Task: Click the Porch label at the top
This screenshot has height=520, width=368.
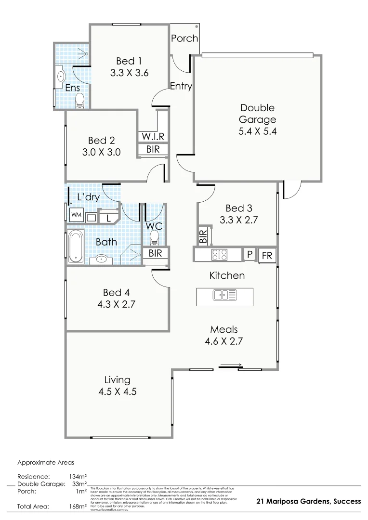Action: click(x=184, y=38)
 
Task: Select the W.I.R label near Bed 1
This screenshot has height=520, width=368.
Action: click(x=153, y=136)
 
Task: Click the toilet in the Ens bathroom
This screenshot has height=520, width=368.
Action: click(x=80, y=100)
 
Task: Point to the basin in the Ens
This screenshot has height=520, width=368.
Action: click(x=61, y=76)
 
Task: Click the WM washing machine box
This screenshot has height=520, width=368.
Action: click(x=76, y=214)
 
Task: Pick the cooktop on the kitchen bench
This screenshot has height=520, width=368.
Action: click(x=220, y=254)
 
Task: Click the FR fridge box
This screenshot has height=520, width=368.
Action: click(x=266, y=256)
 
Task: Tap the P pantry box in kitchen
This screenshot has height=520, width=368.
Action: click(x=250, y=255)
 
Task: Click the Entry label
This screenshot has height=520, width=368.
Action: click(x=181, y=87)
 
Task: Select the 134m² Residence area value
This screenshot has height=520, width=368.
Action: click(x=77, y=476)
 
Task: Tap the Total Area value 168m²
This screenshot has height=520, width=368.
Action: click(x=77, y=507)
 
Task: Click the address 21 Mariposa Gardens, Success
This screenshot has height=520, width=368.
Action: click(x=308, y=501)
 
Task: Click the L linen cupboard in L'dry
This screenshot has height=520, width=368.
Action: click(x=108, y=218)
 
